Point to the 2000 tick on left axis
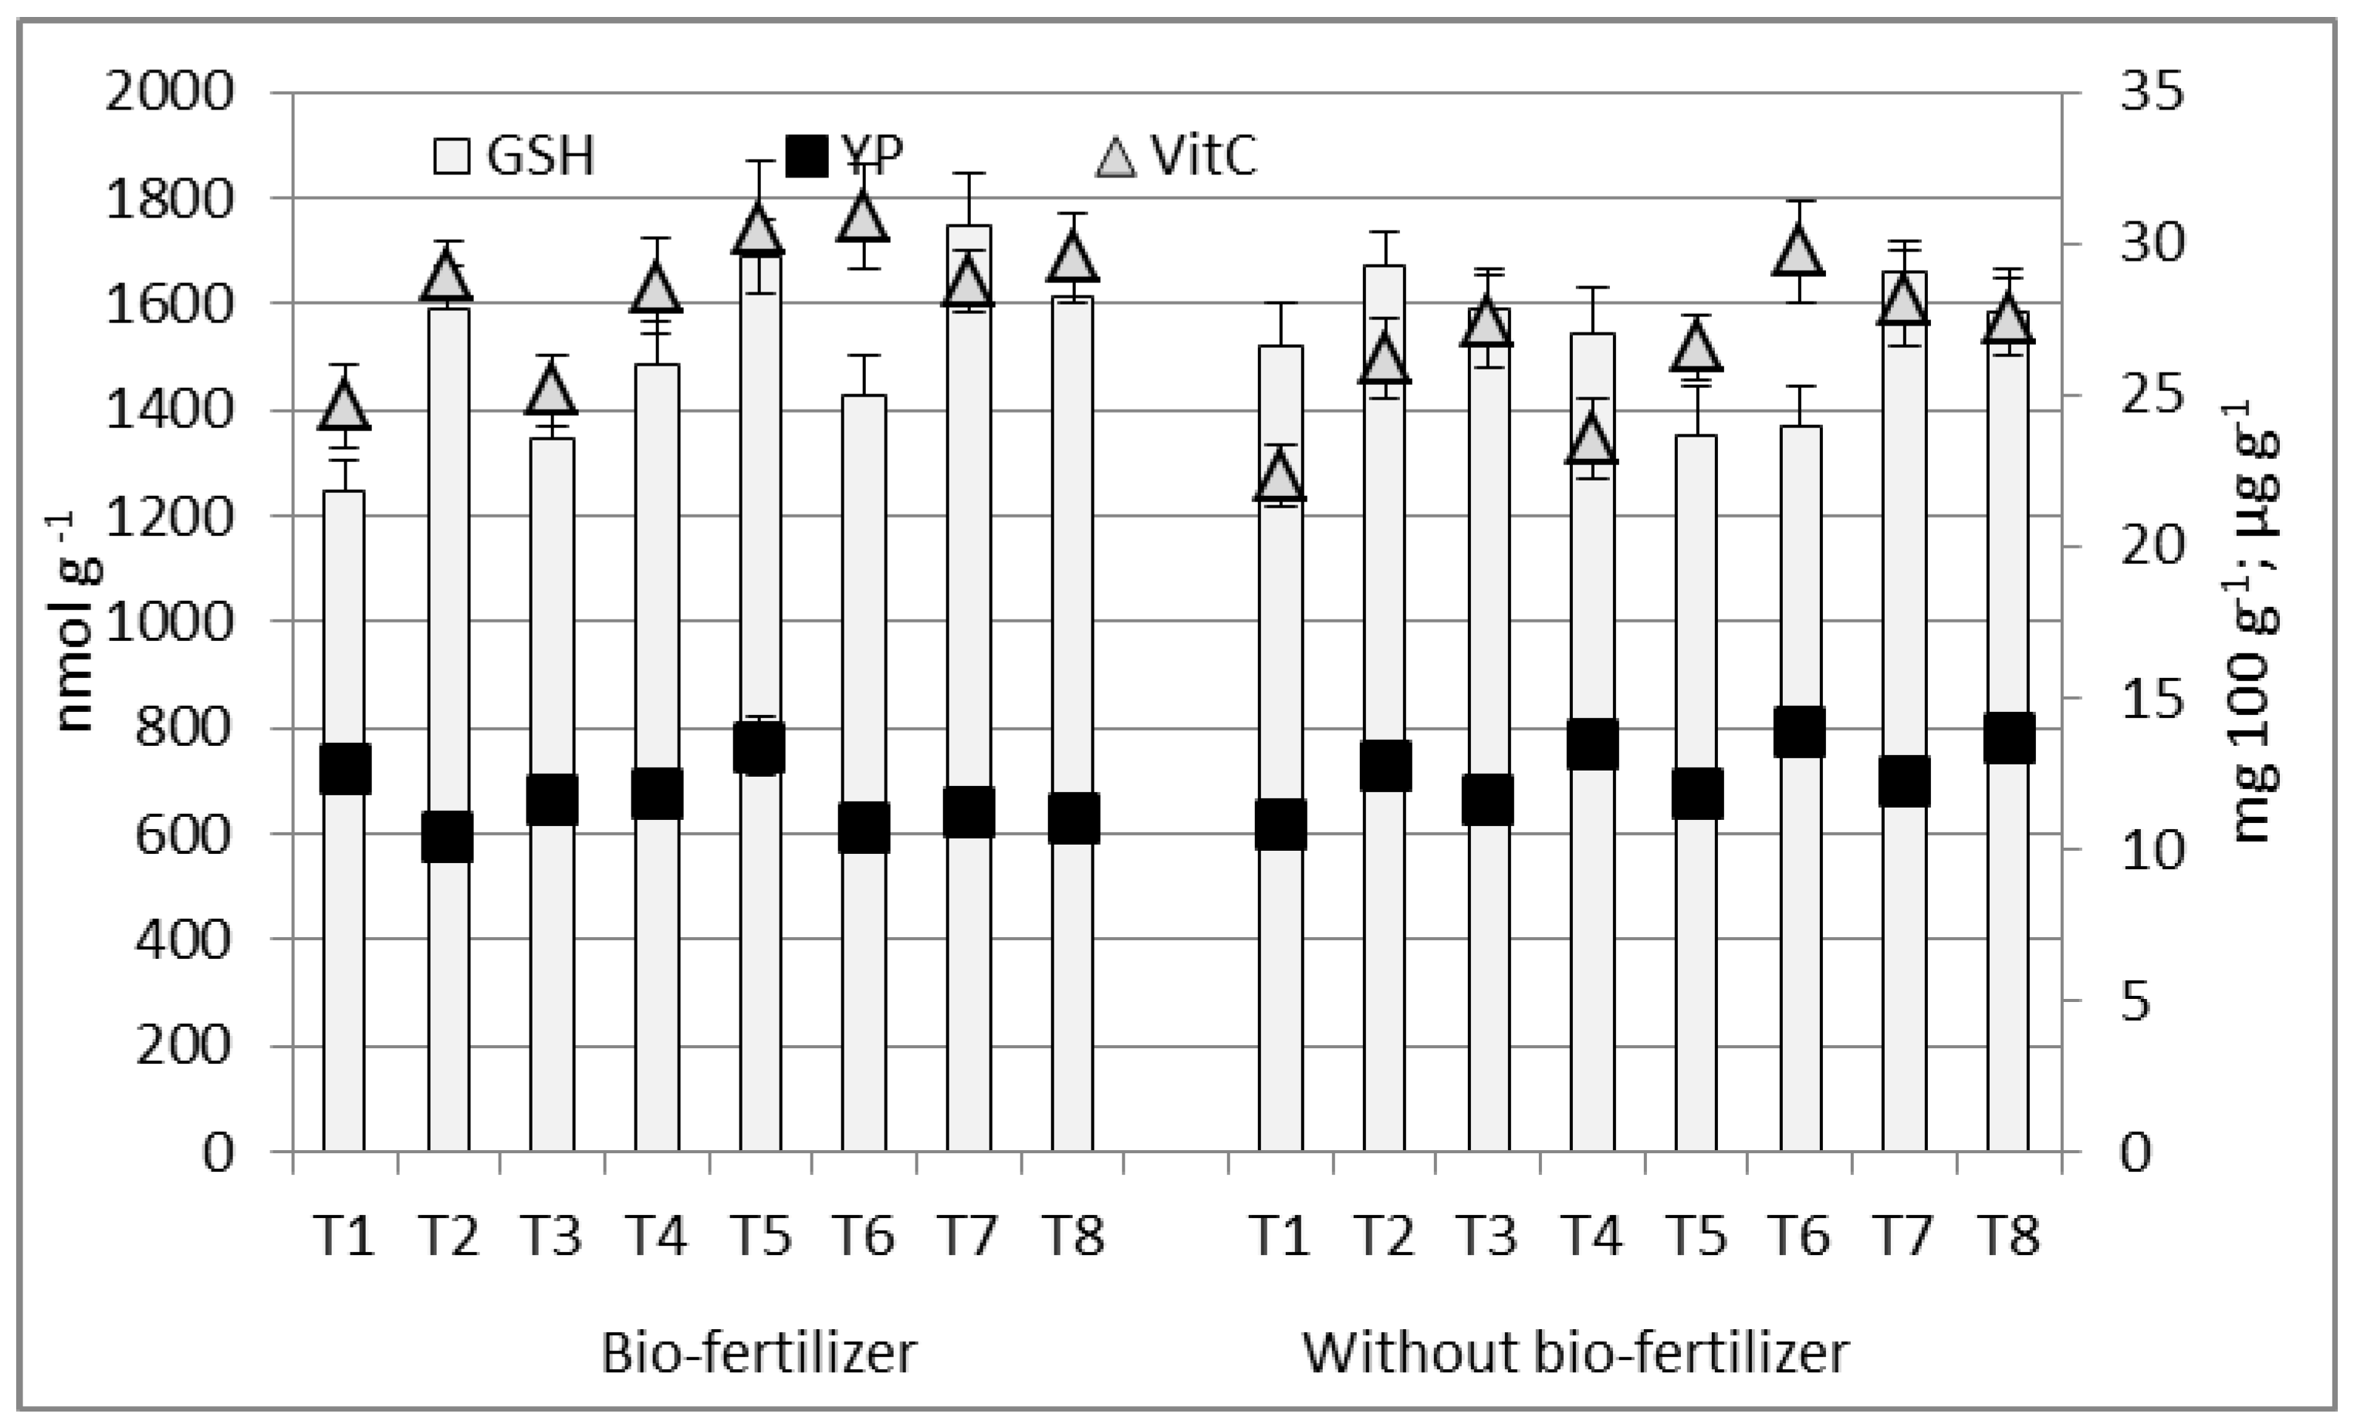click(x=169, y=93)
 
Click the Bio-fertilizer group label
click(x=758, y=1353)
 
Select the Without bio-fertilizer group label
click(x=1574, y=1353)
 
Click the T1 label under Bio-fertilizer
click(x=344, y=1235)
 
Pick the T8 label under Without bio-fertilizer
click(x=2008, y=1235)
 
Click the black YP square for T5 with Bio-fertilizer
click(x=760, y=749)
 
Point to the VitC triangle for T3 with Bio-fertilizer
click(x=551, y=391)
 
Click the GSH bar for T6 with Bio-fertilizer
click(x=864, y=959)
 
